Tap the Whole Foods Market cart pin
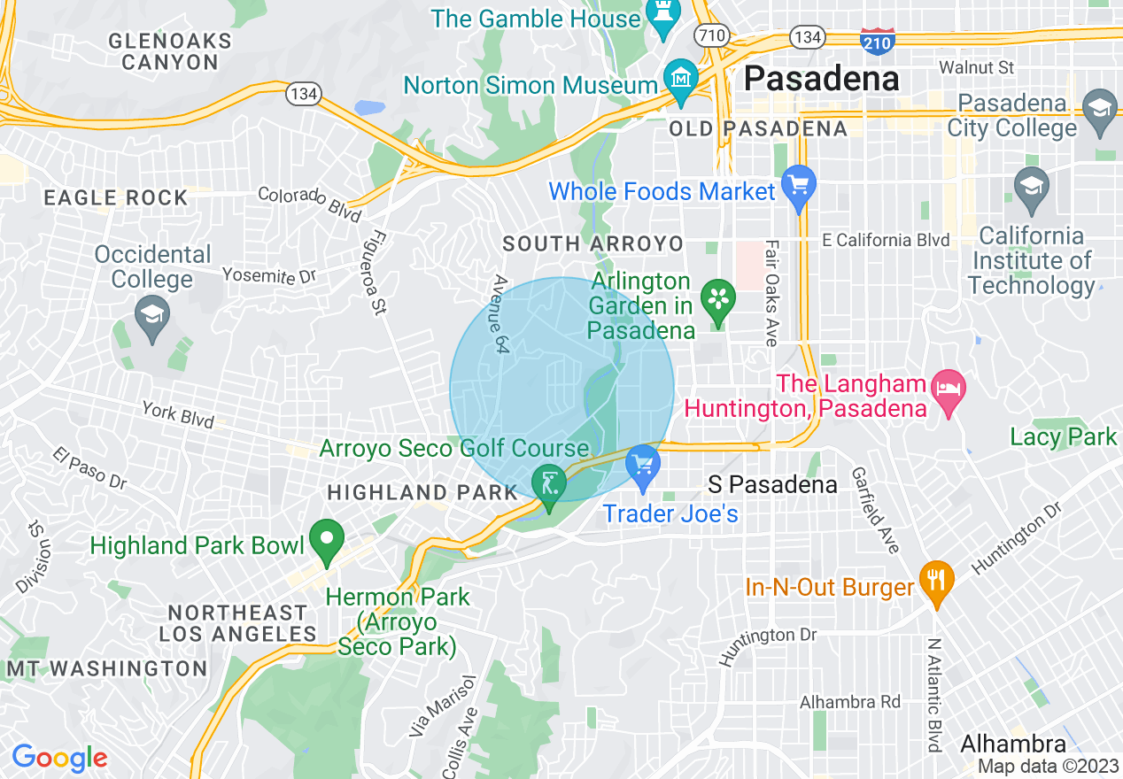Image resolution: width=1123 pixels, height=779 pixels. click(x=799, y=188)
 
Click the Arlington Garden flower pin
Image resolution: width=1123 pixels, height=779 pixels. click(x=717, y=299)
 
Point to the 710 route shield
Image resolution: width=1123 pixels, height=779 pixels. click(x=712, y=36)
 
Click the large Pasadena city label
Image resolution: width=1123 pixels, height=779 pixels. click(x=821, y=79)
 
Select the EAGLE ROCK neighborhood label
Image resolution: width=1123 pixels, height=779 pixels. click(x=116, y=197)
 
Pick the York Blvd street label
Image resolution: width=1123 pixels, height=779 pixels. click(x=178, y=413)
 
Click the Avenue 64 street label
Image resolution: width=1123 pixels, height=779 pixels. click(x=501, y=315)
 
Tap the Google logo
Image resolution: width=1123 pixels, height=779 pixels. click(x=59, y=758)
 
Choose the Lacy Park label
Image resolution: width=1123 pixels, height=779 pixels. click(x=1064, y=436)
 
